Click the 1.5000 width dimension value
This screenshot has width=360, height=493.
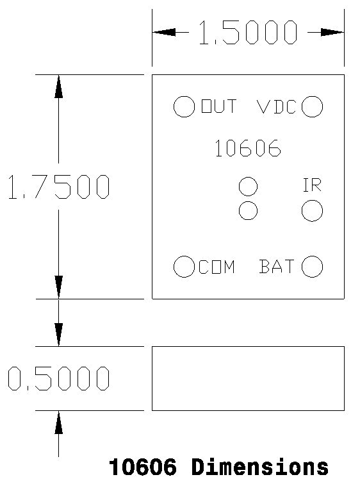tap(248, 32)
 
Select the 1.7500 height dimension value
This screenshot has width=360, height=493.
tap(59, 187)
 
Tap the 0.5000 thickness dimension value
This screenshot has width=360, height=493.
tap(59, 378)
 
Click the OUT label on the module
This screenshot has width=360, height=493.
tap(219, 106)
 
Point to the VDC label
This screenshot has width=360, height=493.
tap(277, 106)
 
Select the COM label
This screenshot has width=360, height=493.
tap(217, 267)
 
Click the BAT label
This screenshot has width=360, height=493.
tap(277, 266)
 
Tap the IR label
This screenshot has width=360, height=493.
tap(312, 185)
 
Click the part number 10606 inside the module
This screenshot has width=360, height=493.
tap(248, 148)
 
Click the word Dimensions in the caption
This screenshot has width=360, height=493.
tap(260, 467)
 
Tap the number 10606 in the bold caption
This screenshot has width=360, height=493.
tap(142, 467)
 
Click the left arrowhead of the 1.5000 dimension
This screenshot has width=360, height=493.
tap(164, 32)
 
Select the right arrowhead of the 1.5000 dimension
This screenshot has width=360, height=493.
tap(332, 32)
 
